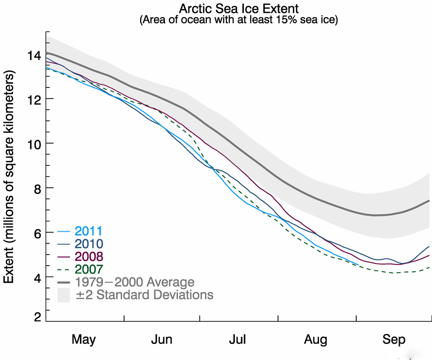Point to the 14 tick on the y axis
[x=35, y=55]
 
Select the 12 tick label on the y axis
[x=35, y=99]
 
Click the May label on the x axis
[x=84, y=340]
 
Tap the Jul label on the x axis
[x=238, y=340]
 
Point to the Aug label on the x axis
[x=315, y=340]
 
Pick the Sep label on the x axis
[x=393, y=340]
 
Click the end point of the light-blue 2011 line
[x=358, y=265]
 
